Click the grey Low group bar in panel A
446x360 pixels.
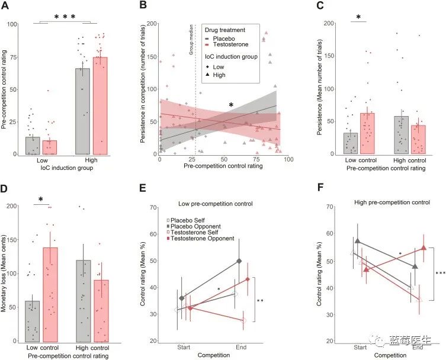(x=33, y=146)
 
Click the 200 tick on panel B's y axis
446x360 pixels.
(x=151, y=24)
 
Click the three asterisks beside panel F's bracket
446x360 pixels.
(x=440, y=273)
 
